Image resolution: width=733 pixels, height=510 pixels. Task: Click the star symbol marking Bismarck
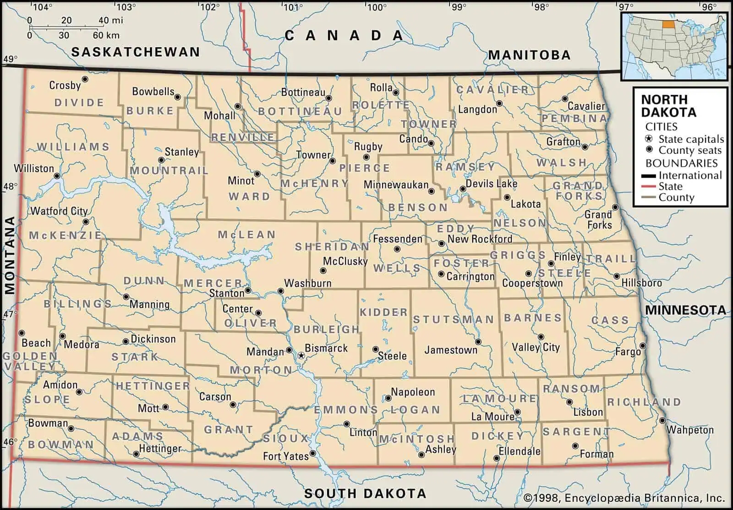[x=301, y=355]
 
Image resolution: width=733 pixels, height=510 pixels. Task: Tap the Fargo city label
[x=628, y=352]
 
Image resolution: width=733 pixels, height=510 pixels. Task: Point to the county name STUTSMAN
[x=454, y=320]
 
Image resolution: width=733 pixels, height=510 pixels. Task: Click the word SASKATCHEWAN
[x=136, y=52]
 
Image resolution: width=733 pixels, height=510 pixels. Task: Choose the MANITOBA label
[x=529, y=55]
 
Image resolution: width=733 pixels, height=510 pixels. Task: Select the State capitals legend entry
[x=690, y=139]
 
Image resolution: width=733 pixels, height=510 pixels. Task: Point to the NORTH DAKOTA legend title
[x=668, y=106]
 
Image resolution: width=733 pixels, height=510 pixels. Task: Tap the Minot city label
[x=241, y=181]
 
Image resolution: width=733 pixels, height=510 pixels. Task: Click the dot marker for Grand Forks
[x=615, y=207]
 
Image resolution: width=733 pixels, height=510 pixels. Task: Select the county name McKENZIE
[x=65, y=235]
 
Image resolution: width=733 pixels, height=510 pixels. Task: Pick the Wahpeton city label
[x=689, y=430]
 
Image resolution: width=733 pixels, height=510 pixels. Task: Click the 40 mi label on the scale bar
[x=110, y=20]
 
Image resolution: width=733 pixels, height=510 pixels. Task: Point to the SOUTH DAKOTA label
[x=365, y=494]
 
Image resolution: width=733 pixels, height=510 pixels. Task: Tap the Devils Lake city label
[x=491, y=184]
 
